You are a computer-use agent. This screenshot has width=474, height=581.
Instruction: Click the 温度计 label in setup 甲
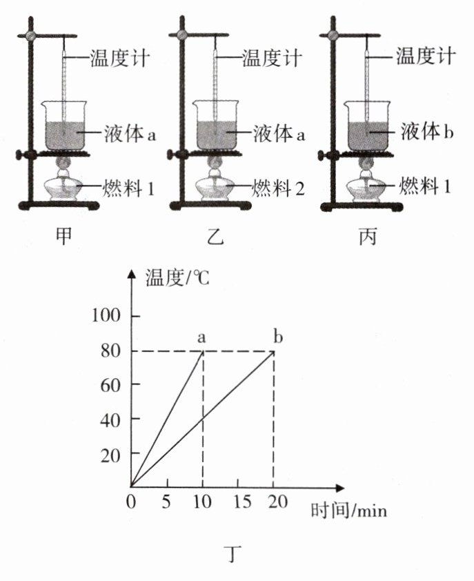pyautogui.click(x=120, y=57)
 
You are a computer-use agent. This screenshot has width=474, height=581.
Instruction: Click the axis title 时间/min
pyautogui.click(x=348, y=511)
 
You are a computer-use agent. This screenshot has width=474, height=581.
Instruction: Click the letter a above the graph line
pyautogui.click(x=202, y=337)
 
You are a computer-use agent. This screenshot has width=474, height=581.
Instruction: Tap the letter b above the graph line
pyautogui.click(x=277, y=337)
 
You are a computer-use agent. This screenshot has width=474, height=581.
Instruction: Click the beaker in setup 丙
pyautogui.click(x=366, y=127)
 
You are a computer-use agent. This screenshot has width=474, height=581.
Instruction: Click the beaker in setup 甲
pyautogui.click(x=64, y=127)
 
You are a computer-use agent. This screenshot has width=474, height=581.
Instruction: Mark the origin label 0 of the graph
pyautogui.click(x=131, y=501)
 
